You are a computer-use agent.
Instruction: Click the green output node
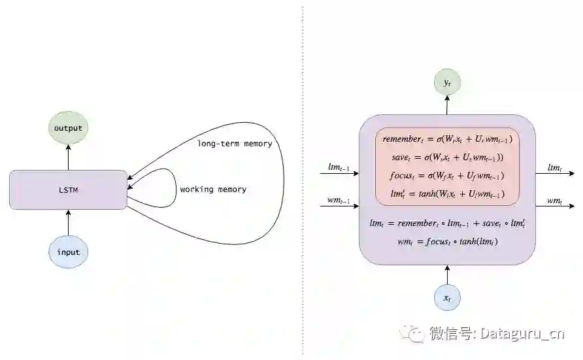click(68, 128)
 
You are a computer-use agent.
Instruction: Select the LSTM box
click(68, 189)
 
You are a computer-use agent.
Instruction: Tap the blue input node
click(68, 252)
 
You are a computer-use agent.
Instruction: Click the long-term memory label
click(234, 143)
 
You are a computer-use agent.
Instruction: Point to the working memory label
click(213, 189)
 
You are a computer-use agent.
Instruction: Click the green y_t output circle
click(447, 82)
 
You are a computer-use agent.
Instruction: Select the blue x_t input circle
click(447, 298)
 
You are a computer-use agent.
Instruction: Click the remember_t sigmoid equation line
click(447, 139)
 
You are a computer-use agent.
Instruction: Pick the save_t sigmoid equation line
click(447, 157)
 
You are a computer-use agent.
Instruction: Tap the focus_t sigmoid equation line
click(447, 176)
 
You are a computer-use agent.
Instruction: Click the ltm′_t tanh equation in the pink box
click(447, 194)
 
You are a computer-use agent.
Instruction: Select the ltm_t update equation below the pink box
click(447, 223)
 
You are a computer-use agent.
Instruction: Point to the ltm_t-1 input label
click(339, 169)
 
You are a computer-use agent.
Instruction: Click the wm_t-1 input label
click(339, 200)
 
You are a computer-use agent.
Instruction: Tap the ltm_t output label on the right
click(554, 169)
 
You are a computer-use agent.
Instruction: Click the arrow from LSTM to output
click(68, 157)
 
